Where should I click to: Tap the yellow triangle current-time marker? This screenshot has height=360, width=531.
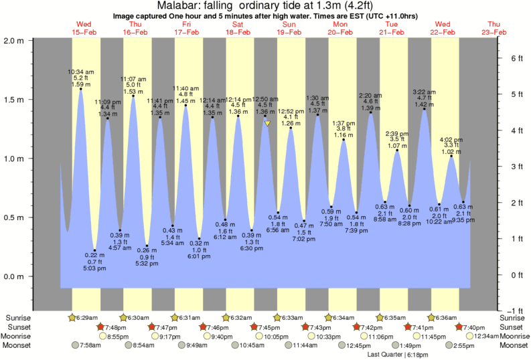[267, 123]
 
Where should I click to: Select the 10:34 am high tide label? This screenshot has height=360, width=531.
[80, 71]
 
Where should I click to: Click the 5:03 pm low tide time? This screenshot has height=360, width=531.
[94, 268]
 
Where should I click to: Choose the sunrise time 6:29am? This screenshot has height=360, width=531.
[84, 318]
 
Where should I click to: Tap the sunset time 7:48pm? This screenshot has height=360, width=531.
[114, 327]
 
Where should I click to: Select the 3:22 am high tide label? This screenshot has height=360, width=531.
[424, 91]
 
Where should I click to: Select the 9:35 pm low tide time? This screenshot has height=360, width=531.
[463, 219]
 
